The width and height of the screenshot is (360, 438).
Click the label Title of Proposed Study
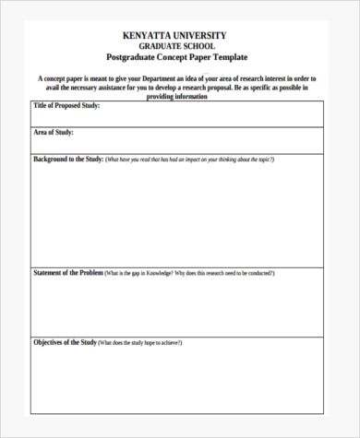tap(66, 106)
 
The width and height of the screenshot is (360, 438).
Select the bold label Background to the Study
tap(67, 160)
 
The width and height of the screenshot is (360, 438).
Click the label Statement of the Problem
tap(67, 273)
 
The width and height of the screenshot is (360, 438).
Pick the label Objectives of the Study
tap(65, 343)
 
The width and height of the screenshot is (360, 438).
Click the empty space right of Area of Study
tap(203, 138)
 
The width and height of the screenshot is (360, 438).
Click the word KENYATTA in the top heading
tap(148, 35)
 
